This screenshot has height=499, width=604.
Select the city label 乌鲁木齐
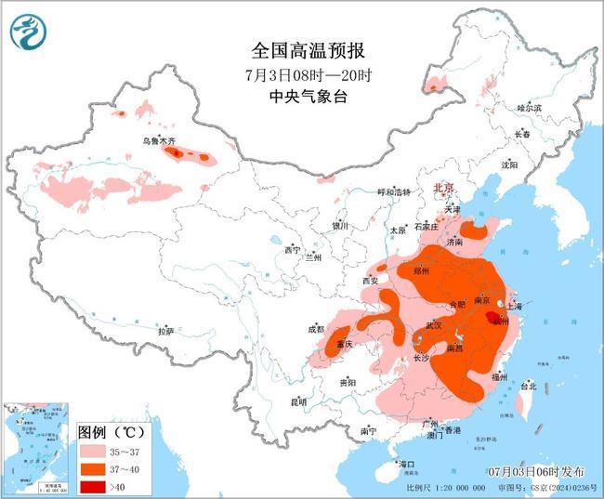(159, 140)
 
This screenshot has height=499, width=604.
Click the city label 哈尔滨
(529, 109)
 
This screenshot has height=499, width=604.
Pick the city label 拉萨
(165, 331)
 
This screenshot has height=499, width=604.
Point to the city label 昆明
(297, 401)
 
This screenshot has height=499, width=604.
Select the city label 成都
(316, 329)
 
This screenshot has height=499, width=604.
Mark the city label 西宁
(293, 250)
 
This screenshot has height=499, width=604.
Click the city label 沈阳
(508, 164)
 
